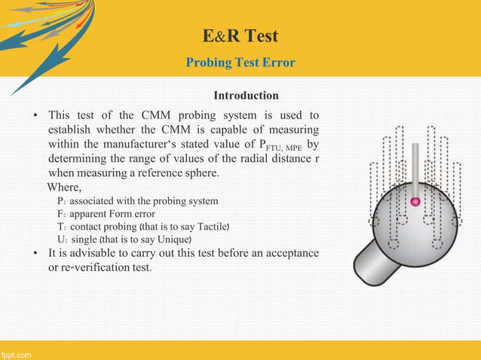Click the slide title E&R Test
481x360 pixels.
pyautogui.click(x=240, y=37)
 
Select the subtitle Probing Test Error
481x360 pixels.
pyautogui.click(x=240, y=62)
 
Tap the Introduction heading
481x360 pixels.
pyautogui.click(x=246, y=96)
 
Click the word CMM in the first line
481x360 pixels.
pyautogui.click(x=156, y=115)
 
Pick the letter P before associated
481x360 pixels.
pyautogui.click(x=60, y=201)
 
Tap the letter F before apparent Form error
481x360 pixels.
pyautogui.click(x=60, y=214)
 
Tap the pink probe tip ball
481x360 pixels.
pyautogui.click(x=414, y=202)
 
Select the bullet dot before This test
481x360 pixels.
pyautogui.click(x=35, y=116)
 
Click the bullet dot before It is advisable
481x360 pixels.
pyautogui.click(x=35, y=254)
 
